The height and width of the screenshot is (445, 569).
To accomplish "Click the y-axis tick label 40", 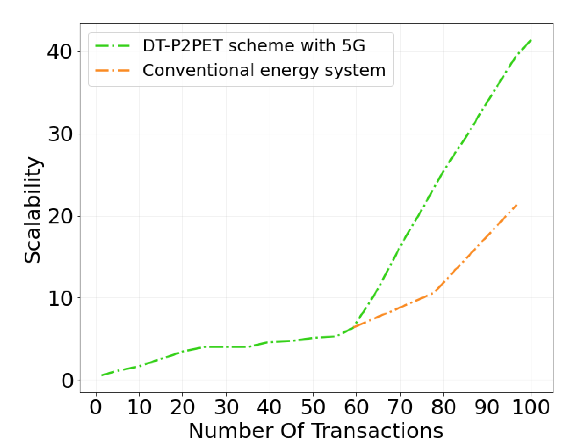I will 59,52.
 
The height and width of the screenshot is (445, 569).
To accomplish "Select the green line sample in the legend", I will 112,46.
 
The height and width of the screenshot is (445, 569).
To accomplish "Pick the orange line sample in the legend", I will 112,70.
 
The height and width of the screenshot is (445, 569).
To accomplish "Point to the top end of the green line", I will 531,40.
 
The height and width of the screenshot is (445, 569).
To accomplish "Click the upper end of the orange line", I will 517,205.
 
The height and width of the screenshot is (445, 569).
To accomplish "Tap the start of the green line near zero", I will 102,375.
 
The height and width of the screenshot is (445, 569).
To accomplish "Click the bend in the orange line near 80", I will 434,293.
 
